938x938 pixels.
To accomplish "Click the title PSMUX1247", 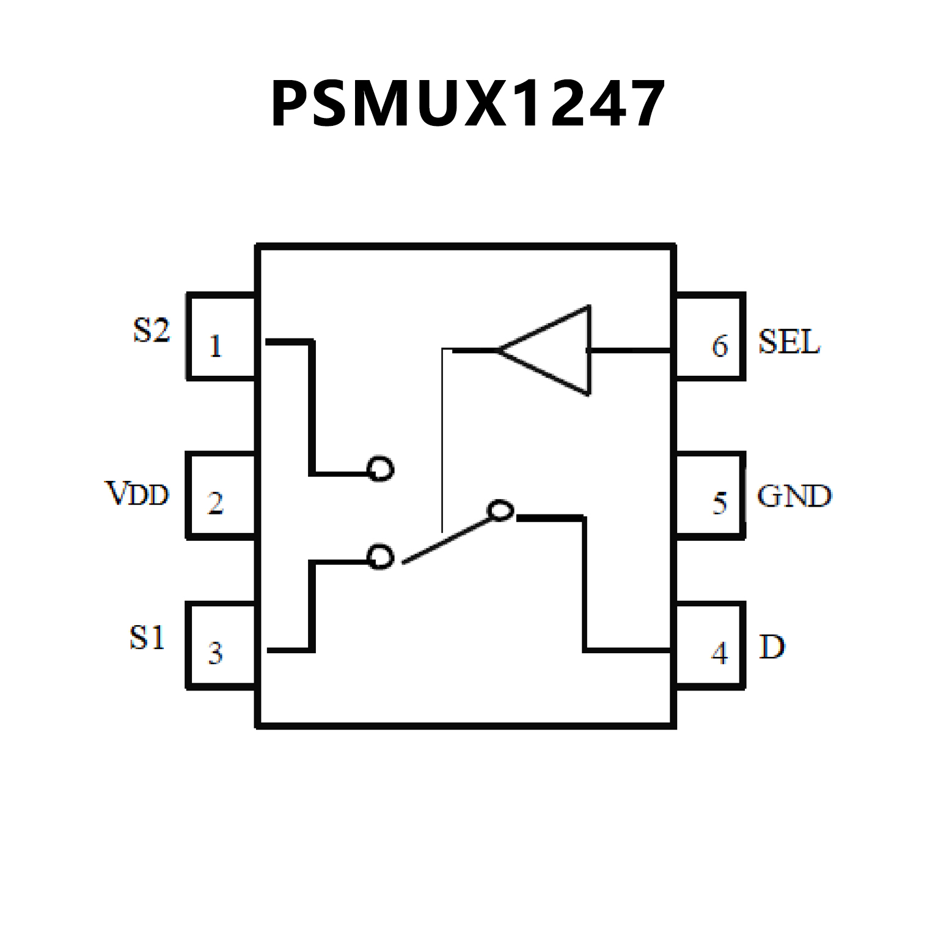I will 468,104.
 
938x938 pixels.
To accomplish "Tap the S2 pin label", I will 152,331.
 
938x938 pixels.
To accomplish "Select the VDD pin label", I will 137,493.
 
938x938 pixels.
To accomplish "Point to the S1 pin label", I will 147,638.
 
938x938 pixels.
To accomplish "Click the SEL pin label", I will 788,342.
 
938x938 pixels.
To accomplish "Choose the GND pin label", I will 794,496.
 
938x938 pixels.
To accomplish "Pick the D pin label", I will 772,647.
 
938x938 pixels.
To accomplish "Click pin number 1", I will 215,346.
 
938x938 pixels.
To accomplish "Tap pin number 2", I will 215,503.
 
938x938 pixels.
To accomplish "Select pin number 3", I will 215,653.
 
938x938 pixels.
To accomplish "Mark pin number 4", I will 720,653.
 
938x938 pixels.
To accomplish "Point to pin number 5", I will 720,503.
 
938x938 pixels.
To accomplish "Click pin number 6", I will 720,346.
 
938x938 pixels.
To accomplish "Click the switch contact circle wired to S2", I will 381,469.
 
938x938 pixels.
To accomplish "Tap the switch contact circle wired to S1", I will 381,557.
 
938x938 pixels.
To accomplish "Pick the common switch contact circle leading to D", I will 500,510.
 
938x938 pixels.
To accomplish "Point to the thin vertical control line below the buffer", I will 442,440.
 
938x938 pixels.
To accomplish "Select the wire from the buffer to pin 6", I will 629,350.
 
